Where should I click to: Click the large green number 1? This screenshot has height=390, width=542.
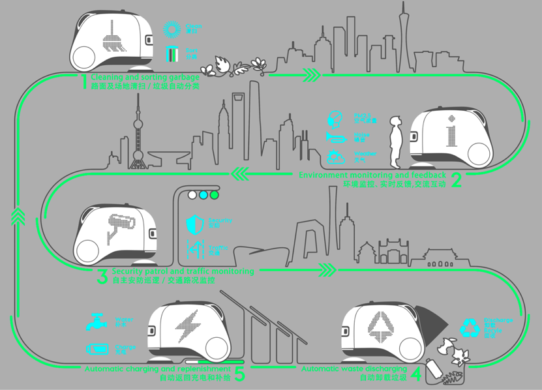(83, 82)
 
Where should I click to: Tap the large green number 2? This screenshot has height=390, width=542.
(455, 180)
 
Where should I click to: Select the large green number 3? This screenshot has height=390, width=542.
(102, 276)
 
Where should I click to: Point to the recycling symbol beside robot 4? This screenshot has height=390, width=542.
(470, 327)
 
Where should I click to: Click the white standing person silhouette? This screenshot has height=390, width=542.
(394, 142)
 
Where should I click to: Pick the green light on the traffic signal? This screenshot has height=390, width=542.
(214, 194)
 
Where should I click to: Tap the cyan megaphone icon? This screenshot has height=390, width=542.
(335, 138)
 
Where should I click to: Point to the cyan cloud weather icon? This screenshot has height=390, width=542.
(335, 157)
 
